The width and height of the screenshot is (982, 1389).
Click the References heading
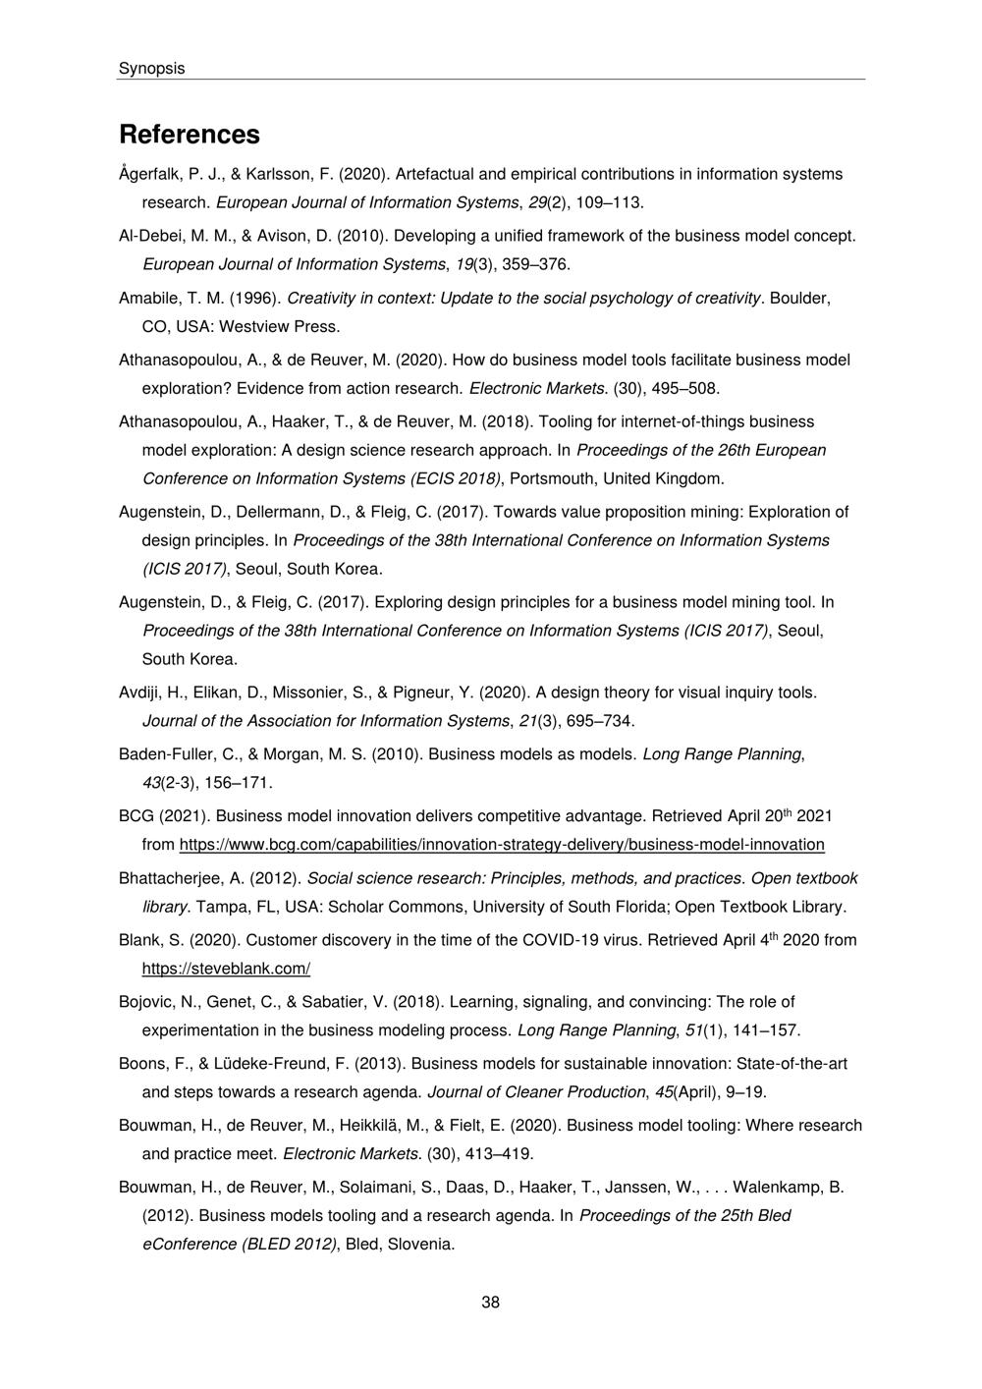[x=190, y=134]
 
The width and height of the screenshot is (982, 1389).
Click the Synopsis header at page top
[x=151, y=68]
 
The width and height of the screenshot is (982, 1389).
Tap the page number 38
[x=490, y=1303]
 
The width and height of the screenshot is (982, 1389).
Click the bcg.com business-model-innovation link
[x=502, y=845]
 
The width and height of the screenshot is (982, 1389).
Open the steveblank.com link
[x=226, y=969]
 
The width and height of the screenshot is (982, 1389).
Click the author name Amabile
[x=147, y=298]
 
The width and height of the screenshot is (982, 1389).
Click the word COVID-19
[x=559, y=940]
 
